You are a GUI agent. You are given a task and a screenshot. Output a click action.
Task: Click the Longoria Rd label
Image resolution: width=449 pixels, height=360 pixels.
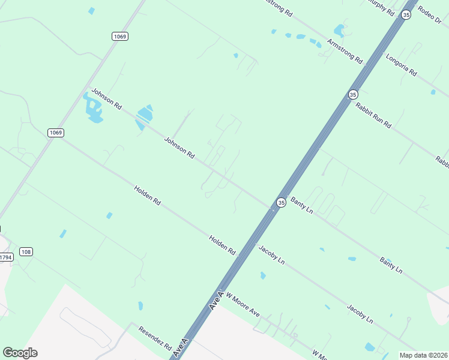click(x=402, y=65)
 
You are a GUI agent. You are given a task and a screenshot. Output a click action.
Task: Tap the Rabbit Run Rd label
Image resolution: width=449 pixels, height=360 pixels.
click(x=373, y=115)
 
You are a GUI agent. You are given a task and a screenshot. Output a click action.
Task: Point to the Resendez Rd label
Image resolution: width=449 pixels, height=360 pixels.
click(x=155, y=339)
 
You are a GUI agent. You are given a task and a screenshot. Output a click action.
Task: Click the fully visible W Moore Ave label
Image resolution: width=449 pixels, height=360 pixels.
click(x=243, y=305)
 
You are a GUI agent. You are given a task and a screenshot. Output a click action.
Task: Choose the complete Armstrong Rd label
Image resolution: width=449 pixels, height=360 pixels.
click(x=345, y=51)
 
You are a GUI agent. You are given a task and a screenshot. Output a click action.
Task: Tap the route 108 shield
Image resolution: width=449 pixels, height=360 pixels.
click(x=26, y=251)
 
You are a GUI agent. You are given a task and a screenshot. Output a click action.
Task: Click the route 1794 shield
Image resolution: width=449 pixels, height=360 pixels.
click(x=5, y=257)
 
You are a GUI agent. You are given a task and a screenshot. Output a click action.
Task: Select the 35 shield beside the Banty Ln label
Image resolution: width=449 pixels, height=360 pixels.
click(x=280, y=203)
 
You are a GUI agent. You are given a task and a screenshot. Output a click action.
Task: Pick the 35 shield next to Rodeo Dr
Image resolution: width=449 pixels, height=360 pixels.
click(x=406, y=15)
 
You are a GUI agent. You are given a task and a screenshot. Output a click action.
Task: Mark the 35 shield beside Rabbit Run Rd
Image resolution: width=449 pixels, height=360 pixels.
click(x=353, y=94)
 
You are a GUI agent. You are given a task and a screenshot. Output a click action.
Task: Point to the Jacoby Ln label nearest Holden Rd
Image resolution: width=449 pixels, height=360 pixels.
click(x=271, y=255)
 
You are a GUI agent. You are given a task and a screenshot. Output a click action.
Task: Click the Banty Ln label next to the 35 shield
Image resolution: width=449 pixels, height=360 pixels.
click(x=302, y=205)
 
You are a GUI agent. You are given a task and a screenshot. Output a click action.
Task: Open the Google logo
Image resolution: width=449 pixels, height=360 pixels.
click(x=20, y=353)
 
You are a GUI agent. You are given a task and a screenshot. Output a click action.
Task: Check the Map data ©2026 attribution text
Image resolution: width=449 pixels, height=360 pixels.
click(x=423, y=355)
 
